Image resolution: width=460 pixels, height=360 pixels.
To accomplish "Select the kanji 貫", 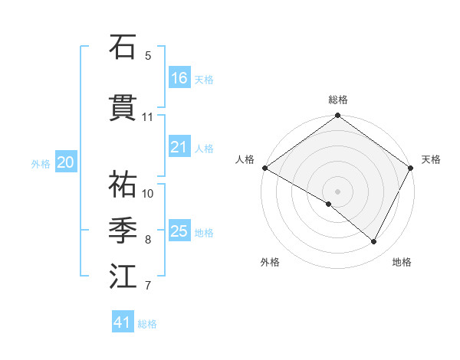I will coord(123,108).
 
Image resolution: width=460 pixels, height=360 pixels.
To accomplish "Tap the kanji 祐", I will coord(123,185).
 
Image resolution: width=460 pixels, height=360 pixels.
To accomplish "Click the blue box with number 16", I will coord(179,77).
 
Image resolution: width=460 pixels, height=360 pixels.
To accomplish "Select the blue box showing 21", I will coord(179,147).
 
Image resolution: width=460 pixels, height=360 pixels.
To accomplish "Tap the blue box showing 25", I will coord(179,231).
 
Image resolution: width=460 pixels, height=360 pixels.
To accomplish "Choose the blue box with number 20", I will coord(65,162).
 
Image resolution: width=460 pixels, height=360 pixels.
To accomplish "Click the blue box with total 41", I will coord(123,322).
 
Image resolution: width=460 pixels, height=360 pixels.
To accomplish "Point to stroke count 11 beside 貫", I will coord(148,117).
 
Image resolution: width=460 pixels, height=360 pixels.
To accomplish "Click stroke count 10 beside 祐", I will coord(148,193).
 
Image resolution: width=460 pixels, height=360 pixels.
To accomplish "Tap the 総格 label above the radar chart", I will coord(337,100).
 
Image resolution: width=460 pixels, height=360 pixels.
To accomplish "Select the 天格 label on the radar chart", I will coord(431,159).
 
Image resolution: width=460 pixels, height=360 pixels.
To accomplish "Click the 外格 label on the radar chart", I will coord(270,262).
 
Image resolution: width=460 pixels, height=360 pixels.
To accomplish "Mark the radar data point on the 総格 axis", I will coord(337,116).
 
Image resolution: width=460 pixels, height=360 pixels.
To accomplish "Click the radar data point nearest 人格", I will coord(264,168).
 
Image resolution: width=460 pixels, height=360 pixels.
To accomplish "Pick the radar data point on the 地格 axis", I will coord(374,242).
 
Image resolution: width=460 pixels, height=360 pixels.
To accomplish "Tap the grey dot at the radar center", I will coord(337,191).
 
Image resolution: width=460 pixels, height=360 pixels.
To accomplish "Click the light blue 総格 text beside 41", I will coord(147,324).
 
